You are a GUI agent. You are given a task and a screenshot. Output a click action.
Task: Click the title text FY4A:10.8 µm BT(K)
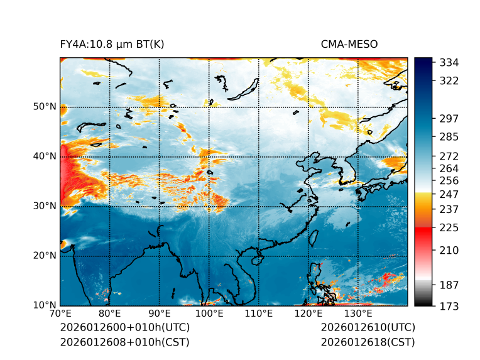pyautogui.click(x=112, y=44)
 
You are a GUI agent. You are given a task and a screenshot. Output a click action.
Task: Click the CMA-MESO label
pyautogui.click(x=349, y=44)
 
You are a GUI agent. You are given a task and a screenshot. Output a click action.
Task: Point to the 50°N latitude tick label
pyautogui.click(x=45, y=107)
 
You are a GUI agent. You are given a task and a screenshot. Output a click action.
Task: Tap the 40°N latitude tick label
pyautogui.click(x=45, y=156)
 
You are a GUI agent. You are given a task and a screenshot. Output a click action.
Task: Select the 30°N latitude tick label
pyautogui.click(x=45, y=206)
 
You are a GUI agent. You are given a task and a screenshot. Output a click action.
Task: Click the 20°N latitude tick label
pyautogui.click(x=45, y=256)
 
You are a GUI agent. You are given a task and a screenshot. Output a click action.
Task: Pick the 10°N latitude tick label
pyautogui.click(x=45, y=305)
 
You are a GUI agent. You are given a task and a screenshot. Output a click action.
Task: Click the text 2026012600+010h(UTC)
pyautogui.click(x=124, y=328)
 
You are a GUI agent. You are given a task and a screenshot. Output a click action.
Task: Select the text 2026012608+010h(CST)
pyautogui.click(x=124, y=342)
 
